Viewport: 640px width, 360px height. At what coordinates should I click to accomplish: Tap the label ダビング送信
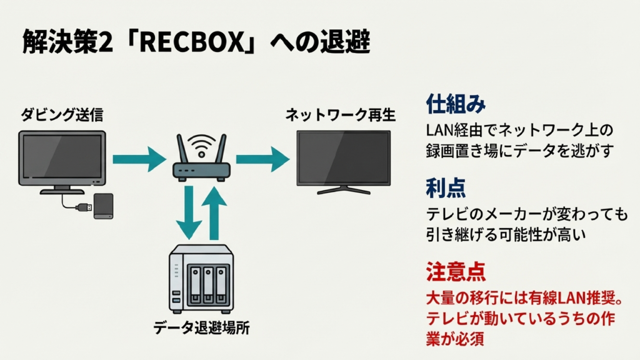coord(62,114)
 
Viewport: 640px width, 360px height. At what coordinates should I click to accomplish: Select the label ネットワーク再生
coord(340,115)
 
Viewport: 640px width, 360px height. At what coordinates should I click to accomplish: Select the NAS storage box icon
coord(202,279)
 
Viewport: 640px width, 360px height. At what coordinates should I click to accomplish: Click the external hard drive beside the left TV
coord(103,206)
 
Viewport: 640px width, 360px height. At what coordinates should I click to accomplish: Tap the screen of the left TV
coord(61,158)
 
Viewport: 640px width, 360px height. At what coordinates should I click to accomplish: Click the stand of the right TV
coord(343,189)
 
